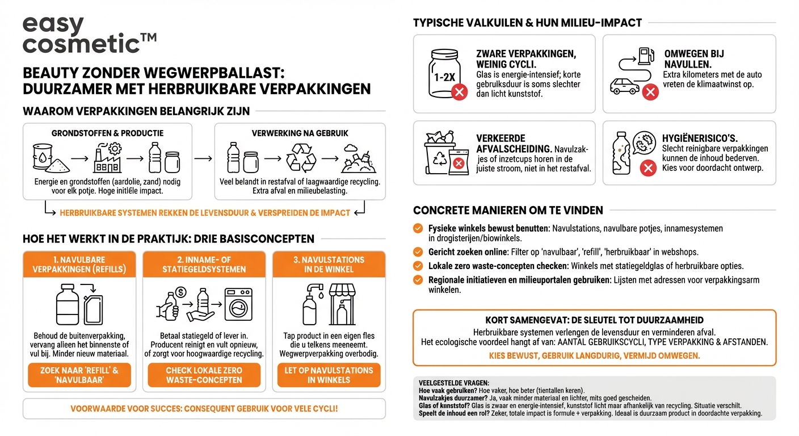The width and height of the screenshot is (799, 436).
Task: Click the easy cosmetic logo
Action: [89, 35]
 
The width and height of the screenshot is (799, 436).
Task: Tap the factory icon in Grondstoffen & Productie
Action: [107, 157]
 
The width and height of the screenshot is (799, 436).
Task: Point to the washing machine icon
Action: [238, 304]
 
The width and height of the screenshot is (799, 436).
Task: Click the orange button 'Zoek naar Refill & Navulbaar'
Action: [79, 375]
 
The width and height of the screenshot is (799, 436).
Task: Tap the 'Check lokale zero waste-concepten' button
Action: [204, 375]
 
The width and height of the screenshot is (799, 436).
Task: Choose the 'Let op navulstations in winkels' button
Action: [329, 375]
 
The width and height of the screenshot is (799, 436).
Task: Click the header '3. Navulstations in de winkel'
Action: [329, 265]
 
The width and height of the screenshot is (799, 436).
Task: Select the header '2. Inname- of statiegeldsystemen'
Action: [204, 265]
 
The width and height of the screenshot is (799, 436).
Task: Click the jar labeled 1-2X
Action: [443, 73]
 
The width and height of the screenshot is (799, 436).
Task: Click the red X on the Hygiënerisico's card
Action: [648, 168]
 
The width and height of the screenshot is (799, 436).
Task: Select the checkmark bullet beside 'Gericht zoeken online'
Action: [418, 251]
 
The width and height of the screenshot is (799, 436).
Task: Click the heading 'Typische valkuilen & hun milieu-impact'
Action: [527, 23]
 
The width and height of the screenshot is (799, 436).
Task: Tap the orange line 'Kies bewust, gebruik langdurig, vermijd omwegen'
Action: [594, 355]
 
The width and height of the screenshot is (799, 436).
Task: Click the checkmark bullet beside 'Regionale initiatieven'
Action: [418, 280]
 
